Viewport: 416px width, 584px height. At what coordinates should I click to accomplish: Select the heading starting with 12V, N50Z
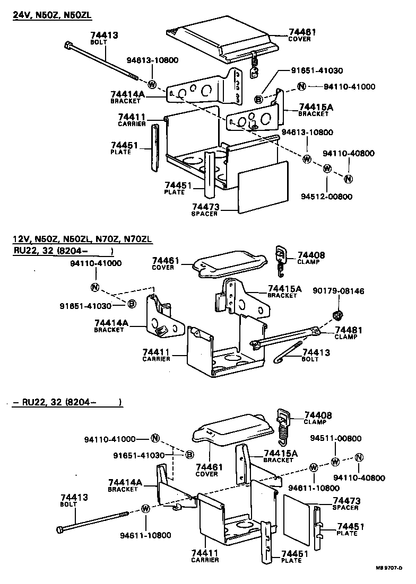[82, 240]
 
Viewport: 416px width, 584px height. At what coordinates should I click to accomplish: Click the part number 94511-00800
[336, 438]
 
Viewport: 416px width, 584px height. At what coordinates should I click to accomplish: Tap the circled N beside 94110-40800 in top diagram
[349, 178]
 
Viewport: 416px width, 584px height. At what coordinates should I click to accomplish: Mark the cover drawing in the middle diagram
[229, 264]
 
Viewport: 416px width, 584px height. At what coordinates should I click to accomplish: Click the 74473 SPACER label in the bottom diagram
[346, 503]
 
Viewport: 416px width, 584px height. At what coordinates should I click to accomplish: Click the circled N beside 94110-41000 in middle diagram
[95, 287]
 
